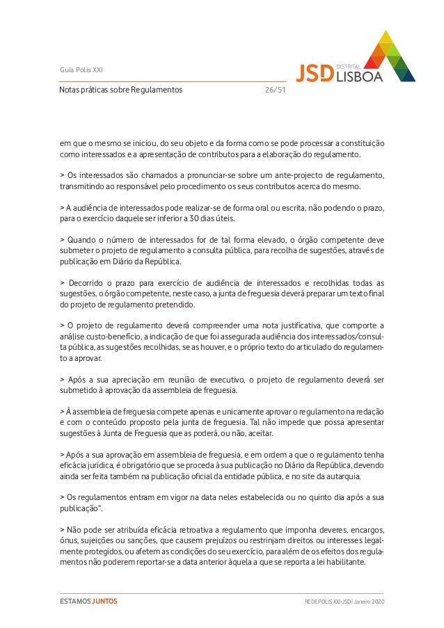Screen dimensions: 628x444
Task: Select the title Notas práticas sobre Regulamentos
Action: coord(120,90)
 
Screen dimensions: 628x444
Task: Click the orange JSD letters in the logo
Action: coord(315,73)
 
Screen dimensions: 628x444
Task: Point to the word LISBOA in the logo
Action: coord(358,77)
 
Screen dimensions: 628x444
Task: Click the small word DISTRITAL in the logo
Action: coord(348,65)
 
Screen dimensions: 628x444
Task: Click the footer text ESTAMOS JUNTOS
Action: coord(88,601)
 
